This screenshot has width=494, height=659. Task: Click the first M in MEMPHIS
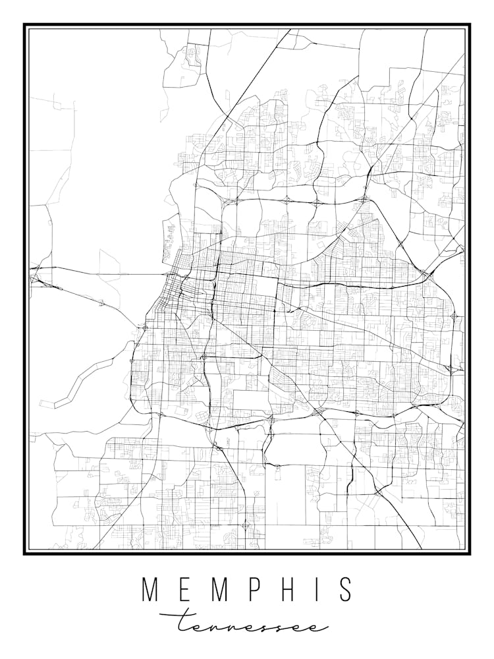pos(152,590)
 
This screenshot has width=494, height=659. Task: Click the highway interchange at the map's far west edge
pos(35,278)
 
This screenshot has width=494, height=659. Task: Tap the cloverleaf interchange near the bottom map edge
pos(245,525)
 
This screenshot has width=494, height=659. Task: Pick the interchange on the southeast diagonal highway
pos(379,492)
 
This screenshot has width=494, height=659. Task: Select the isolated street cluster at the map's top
pos(194,55)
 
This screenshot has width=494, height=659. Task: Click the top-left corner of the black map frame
pos(25,25)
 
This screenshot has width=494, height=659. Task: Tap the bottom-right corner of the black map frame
pos(469,553)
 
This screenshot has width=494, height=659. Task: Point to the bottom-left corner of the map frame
pos(25,553)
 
